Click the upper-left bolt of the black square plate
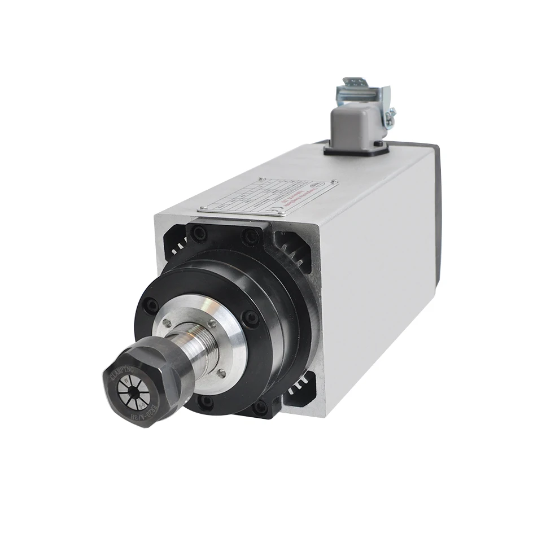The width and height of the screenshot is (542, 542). tap(198, 232)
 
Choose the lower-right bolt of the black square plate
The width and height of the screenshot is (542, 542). tap(260, 407)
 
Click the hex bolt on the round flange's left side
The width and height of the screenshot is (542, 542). tap(151, 307)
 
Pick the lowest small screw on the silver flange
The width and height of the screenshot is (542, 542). tap(222, 373)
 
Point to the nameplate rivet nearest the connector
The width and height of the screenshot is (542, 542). tap(335, 183)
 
